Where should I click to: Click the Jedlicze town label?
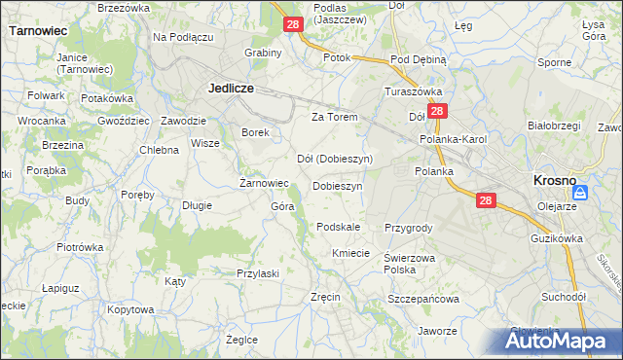pyautogui.click(x=231, y=87)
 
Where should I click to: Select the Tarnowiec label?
pyautogui.click(x=37, y=30)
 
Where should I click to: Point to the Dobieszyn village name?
pyautogui.click(x=337, y=185)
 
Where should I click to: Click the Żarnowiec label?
pyautogui.click(x=265, y=182)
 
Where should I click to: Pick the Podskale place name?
pyautogui.click(x=339, y=227)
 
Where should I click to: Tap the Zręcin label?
pyautogui.click(x=324, y=296)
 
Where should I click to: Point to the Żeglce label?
pyautogui.click(x=241, y=340)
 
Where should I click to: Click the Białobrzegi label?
pyautogui.click(x=553, y=126)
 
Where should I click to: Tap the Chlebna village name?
pyautogui.click(x=159, y=150)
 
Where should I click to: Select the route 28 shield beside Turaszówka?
pyautogui.click(x=438, y=112)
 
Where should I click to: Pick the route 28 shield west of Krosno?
pyautogui.click(x=487, y=200)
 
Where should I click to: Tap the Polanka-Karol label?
pyautogui.click(x=453, y=139)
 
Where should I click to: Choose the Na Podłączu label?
pyautogui.click(x=183, y=37)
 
